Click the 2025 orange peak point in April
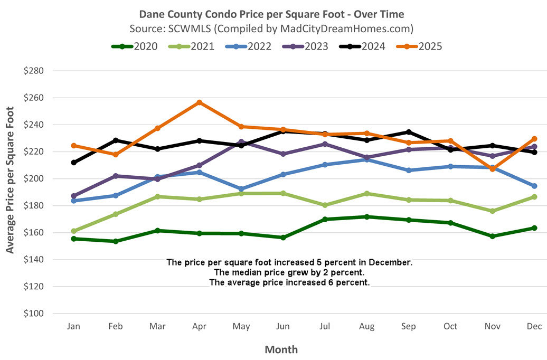coord(199,102)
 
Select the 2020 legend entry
coord(135,46)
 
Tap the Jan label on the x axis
coord(73,327)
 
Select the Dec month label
coord(534,327)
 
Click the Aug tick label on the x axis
coord(366,327)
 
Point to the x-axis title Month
coord(281,349)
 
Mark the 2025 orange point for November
coord(492,169)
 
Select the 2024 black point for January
coord(74,163)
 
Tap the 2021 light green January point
coord(74,231)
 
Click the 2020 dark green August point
coord(366,217)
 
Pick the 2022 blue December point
coord(534,186)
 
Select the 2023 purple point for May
coord(241,142)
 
